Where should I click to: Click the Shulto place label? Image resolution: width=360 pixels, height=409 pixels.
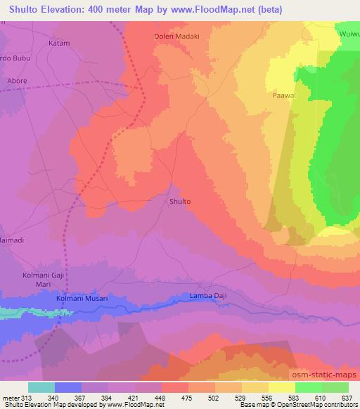coord(180,202)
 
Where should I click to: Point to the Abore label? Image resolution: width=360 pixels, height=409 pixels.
coord(17,81)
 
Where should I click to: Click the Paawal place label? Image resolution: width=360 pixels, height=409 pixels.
coord(283,93)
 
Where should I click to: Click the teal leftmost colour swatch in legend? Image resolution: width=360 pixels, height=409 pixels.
coord(41,387)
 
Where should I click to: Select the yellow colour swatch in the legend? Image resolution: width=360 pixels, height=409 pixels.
coord(282,387)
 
